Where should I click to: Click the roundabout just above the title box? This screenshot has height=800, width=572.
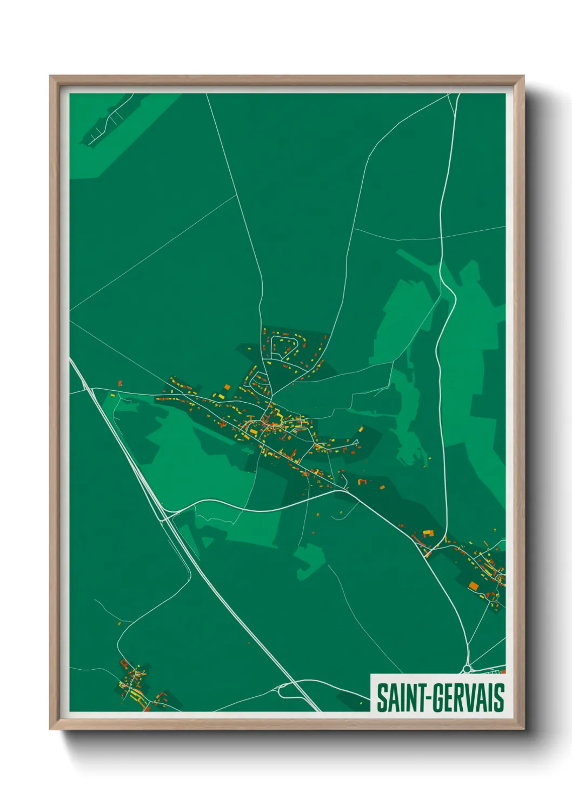coord(468,669)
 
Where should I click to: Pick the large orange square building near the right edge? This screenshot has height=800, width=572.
coord(474,585)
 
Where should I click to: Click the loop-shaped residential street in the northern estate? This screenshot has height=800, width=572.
coord(285,346)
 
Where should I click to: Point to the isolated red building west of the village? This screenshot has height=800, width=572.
coord(120,383)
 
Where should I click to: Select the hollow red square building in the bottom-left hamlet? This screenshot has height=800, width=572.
coord(124,662)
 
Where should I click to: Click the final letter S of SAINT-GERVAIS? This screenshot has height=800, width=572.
coord(499,698)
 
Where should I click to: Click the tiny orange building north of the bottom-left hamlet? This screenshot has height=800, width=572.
coord(119,624)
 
